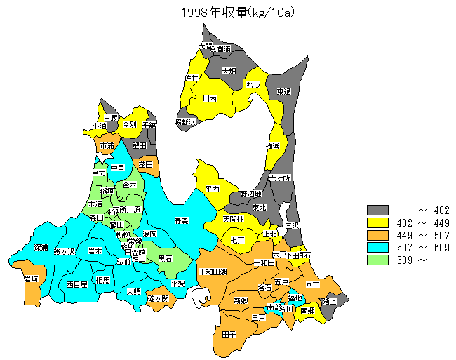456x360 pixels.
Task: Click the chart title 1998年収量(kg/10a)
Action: tap(228, 12)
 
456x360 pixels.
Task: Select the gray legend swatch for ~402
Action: tap(377, 210)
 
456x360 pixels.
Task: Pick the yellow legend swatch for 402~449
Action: tap(377, 222)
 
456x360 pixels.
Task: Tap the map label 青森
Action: tap(181, 220)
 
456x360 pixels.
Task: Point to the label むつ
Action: tap(253, 85)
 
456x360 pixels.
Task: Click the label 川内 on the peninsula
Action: tap(209, 100)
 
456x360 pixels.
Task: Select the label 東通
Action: tap(283, 91)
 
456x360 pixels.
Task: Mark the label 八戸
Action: tap(313, 285)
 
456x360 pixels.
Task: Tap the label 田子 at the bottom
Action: tap(229, 335)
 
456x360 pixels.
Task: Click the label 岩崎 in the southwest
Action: tap(31, 279)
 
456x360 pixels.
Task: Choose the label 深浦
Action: tap(41, 248)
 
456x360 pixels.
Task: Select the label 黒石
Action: tap(166, 258)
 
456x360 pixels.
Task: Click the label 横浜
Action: tap(273, 146)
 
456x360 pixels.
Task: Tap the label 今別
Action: tap(129, 124)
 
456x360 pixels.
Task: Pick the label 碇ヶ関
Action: tap(159, 298)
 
